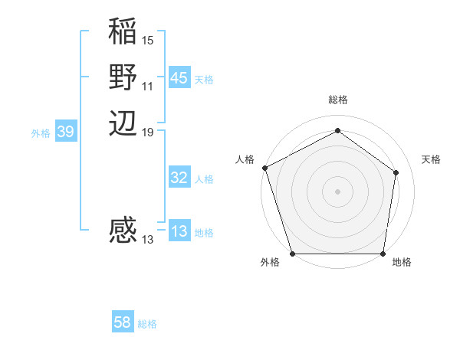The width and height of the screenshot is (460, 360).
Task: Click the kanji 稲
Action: (123, 34)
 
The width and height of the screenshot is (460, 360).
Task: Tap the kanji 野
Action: (123, 77)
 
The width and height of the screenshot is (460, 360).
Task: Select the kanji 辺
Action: (123, 123)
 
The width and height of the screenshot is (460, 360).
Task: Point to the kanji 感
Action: (123, 231)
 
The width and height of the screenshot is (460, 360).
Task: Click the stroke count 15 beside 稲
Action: (148, 40)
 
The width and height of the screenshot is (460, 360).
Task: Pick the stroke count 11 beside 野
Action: (148, 86)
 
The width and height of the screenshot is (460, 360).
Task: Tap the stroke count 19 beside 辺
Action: (148, 132)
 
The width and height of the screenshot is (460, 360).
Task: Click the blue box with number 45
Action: (179, 78)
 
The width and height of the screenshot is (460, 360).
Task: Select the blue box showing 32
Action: (179, 178)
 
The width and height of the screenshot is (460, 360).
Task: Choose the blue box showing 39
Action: (66, 132)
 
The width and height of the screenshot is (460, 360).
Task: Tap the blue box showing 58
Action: (123, 322)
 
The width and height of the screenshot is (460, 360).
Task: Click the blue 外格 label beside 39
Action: (41, 133)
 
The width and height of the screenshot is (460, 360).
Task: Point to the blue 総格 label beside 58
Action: (147, 324)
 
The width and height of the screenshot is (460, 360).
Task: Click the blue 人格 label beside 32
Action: (204, 179)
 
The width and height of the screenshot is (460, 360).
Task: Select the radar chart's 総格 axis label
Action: (337, 100)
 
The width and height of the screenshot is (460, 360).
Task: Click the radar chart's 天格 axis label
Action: (431, 159)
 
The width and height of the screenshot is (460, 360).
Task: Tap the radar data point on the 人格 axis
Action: (264, 168)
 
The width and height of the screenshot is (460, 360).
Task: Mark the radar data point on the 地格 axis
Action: (383, 254)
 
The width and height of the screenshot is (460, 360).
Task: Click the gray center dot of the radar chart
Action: (337, 191)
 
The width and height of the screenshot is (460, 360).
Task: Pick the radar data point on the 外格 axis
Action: (292, 254)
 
